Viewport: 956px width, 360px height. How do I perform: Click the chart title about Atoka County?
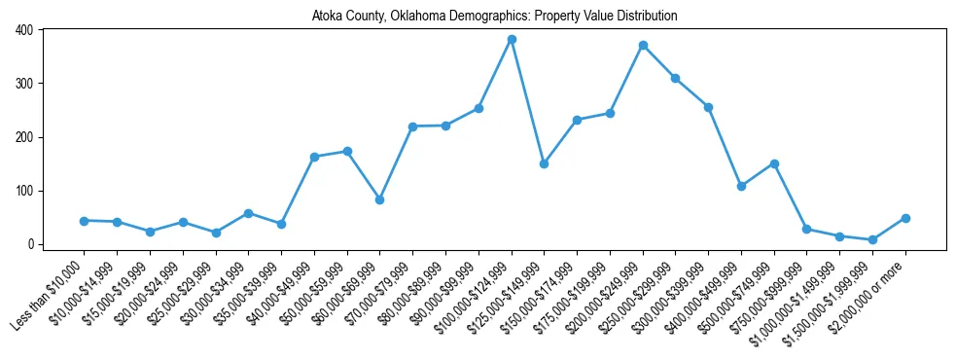(x=494, y=17)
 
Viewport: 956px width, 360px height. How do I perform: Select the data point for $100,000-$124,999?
(x=512, y=40)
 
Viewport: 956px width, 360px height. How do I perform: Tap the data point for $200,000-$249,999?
(x=643, y=46)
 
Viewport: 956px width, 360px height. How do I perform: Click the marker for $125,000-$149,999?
(x=545, y=163)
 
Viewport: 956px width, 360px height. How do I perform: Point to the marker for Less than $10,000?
(x=85, y=221)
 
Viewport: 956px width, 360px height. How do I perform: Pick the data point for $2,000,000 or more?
(x=905, y=218)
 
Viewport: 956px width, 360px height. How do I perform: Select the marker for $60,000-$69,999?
(x=380, y=199)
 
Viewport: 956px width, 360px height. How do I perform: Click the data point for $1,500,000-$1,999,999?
(x=872, y=239)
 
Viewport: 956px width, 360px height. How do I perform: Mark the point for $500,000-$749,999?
(x=774, y=163)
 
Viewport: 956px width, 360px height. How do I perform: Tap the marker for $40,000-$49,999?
(x=314, y=157)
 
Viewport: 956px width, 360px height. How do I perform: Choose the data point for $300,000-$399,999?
(x=708, y=107)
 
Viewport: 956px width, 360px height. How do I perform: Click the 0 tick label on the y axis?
(x=29, y=244)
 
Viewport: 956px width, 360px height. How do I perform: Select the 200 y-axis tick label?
(x=23, y=137)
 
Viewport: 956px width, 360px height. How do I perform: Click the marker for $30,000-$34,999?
(x=249, y=213)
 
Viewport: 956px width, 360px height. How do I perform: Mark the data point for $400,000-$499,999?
(x=741, y=186)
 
